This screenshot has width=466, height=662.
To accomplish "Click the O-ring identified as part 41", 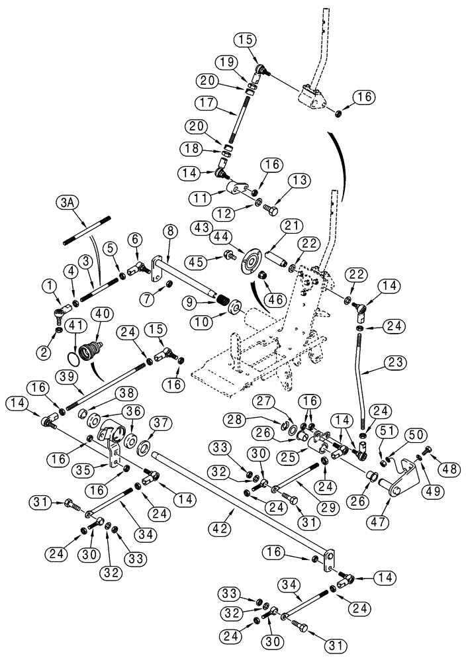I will (80, 360).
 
